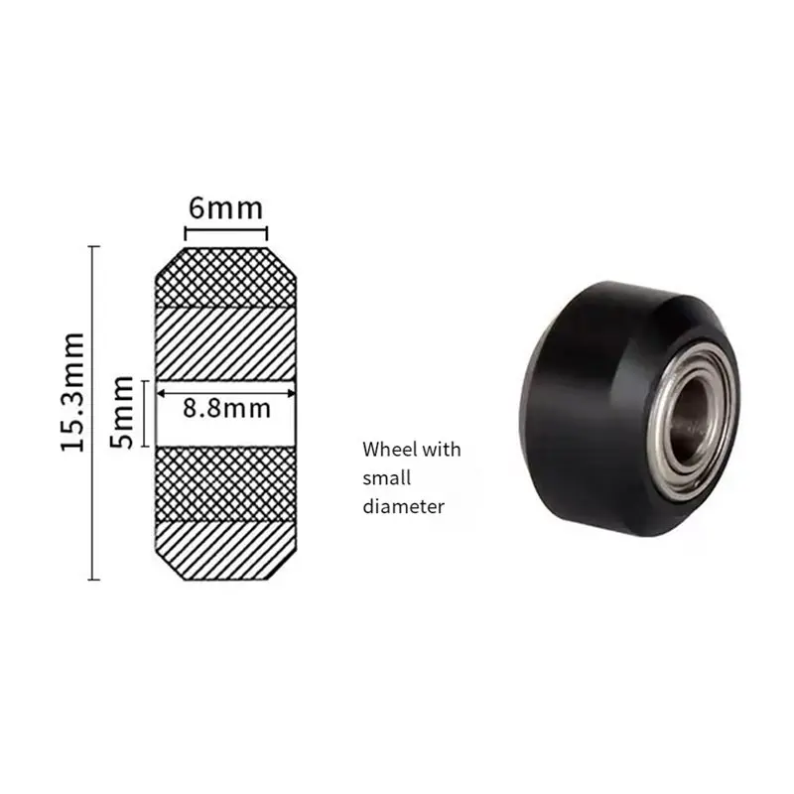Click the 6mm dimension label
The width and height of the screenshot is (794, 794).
tap(226, 208)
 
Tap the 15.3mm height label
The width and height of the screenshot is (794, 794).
tap(72, 392)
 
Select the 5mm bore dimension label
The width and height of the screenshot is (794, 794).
tap(122, 412)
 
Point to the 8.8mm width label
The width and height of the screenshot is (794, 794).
tap(226, 409)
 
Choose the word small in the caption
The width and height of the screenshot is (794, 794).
tap(386, 477)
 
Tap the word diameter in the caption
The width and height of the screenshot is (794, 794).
tap(404, 506)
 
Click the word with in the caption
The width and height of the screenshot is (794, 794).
tap(442, 450)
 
